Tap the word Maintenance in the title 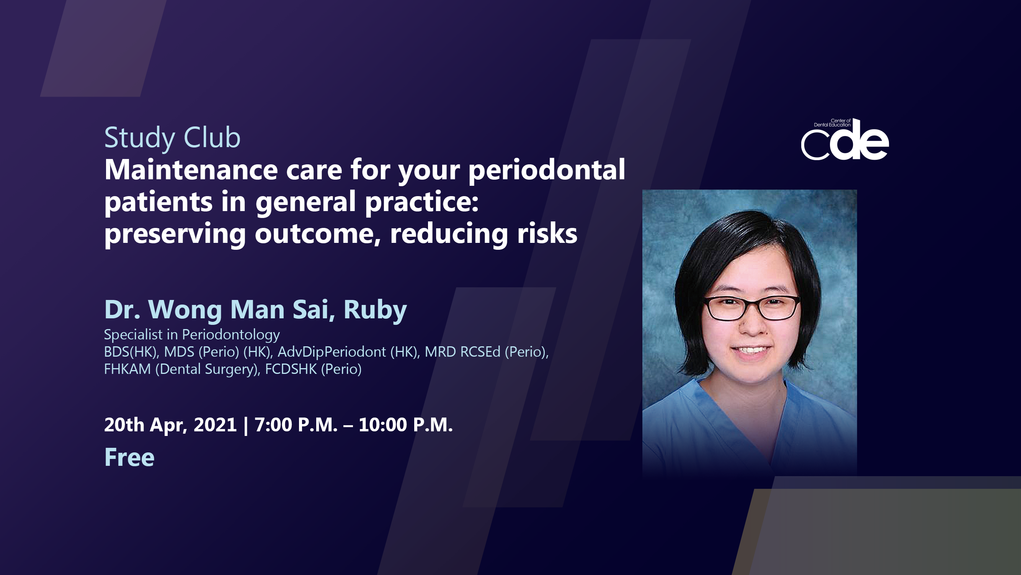coord(191,170)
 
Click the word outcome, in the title coord(317,234)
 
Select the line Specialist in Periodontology coord(192,335)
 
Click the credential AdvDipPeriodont coord(332,352)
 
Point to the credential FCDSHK coord(291,369)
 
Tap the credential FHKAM coord(127,369)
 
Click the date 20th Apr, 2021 coord(170,425)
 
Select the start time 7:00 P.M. coord(296,425)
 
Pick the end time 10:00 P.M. coord(405,425)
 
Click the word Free coord(129,457)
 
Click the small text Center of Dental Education coord(832,123)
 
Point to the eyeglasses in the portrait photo coord(751,308)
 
